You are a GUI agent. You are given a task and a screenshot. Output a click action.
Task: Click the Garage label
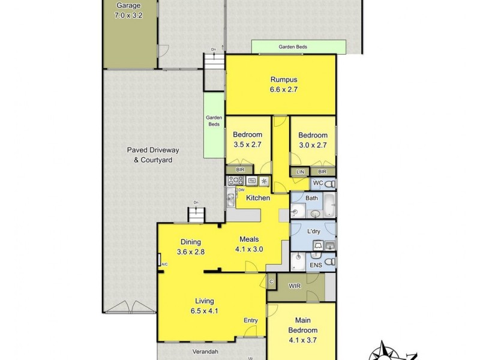tap(128, 6)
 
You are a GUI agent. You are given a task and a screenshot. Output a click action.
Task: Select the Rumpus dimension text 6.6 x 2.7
tap(284, 90)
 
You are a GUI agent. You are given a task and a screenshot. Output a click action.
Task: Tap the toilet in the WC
tap(331, 183)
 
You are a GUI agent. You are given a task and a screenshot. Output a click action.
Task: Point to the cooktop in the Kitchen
tap(234, 180)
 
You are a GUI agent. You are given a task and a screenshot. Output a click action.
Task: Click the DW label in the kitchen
tap(241, 190)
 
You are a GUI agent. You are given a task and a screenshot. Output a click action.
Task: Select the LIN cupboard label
tap(300, 172)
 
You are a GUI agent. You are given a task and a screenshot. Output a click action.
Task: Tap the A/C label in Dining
tap(163, 263)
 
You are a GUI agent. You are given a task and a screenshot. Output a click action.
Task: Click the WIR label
tap(294, 286)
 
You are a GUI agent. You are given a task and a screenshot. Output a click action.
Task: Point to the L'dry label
tap(313, 232)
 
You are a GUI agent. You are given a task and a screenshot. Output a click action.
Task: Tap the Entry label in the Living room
tap(250, 320)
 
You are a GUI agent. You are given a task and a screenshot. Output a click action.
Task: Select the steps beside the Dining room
tap(196, 214)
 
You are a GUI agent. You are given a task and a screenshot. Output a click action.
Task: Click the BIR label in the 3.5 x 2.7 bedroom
tap(240, 170)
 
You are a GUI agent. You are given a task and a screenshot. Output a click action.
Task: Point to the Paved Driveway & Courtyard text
tap(152, 155)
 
